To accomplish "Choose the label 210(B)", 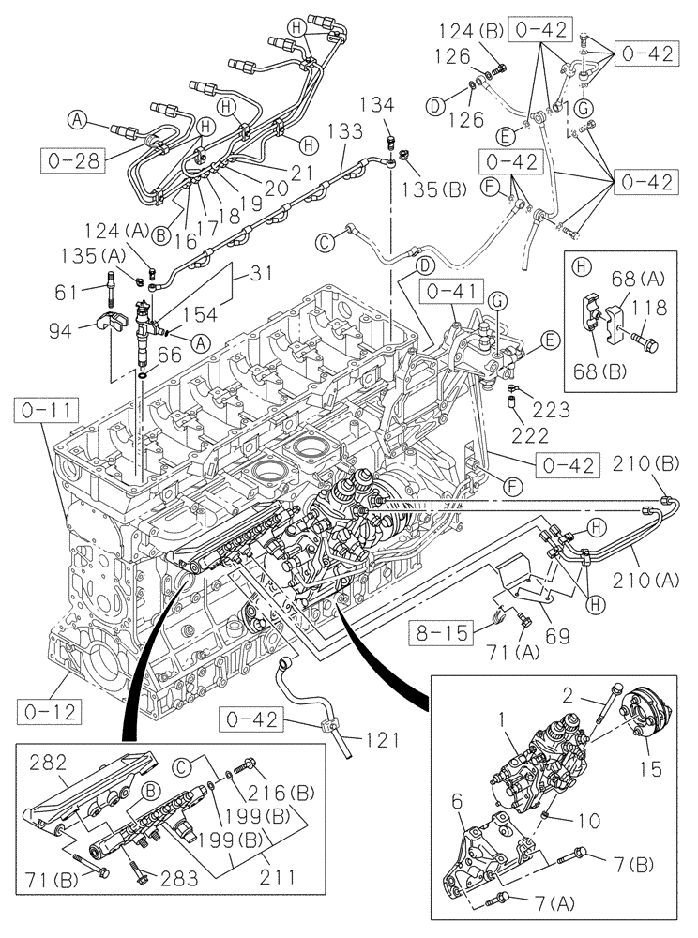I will point(645,462).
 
